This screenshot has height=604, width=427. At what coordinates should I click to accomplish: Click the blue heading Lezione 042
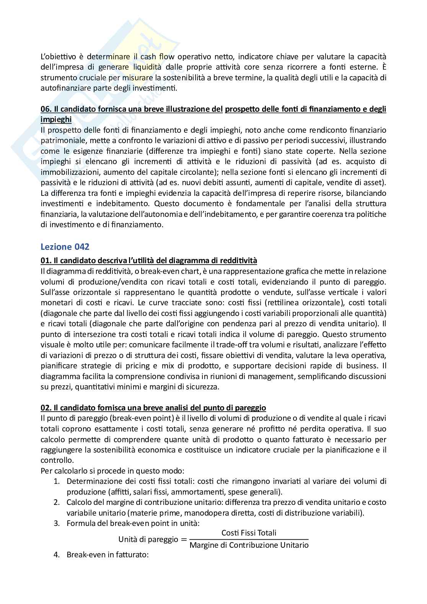65,247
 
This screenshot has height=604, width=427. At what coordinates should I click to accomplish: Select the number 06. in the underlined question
46,109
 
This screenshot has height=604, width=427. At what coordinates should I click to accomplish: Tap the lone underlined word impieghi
56,119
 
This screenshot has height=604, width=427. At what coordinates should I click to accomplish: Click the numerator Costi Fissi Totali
249,533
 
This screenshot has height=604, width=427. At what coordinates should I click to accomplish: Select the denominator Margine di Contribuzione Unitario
249,545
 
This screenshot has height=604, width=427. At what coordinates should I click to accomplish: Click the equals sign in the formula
184,539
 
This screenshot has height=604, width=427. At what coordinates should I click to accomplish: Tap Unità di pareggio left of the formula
148,539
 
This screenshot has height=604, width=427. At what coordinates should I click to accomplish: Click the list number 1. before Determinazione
56,481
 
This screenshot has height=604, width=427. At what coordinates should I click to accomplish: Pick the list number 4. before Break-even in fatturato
56,554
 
